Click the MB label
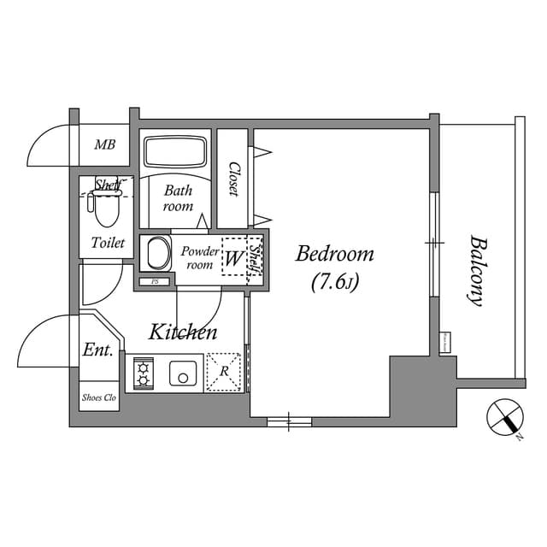click(105, 145)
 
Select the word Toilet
click(108, 243)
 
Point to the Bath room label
click(178, 198)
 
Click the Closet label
click(232, 179)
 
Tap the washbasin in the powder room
click(156, 255)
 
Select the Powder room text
click(199, 258)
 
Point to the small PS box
click(155, 281)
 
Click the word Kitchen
click(183, 332)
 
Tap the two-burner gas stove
click(143, 373)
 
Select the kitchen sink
click(182, 373)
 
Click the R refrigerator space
click(224, 372)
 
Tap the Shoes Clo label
click(99, 397)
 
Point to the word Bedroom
click(335, 254)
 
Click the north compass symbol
click(504, 418)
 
